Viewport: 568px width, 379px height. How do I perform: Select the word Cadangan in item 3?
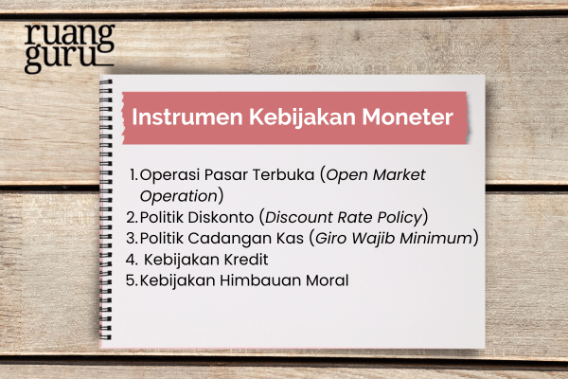click(236, 237)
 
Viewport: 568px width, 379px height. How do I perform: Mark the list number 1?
click(133, 175)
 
